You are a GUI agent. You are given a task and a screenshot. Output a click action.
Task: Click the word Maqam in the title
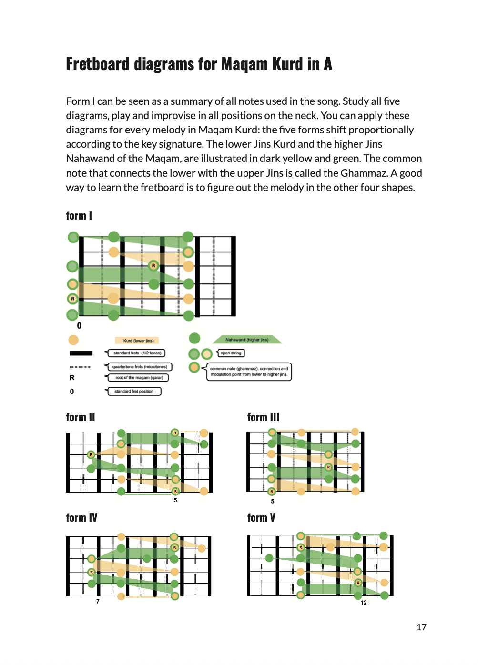[x=244, y=64]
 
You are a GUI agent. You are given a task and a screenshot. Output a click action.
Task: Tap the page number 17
[x=421, y=627]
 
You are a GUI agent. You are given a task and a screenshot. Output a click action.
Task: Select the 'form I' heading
[x=79, y=215]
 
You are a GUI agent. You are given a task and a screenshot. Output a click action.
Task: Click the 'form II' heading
[x=80, y=417]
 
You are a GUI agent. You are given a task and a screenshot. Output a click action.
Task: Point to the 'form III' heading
[x=263, y=417]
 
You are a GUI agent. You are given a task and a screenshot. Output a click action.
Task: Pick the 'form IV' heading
[x=81, y=518]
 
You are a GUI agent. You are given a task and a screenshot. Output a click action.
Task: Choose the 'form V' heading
[x=261, y=518]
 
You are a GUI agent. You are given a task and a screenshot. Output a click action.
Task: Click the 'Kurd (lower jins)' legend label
[x=137, y=341]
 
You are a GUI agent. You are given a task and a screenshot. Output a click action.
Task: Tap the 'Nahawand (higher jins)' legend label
[x=247, y=340]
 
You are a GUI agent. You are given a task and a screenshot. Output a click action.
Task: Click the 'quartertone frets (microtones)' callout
[x=138, y=367]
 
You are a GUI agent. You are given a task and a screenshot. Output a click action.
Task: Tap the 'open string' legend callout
[x=231, y=353]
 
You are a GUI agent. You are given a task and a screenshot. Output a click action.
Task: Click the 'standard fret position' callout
[x=133, y=391]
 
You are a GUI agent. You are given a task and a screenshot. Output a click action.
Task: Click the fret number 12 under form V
[x=363, y=603]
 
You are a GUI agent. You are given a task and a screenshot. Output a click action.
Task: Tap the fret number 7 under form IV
[x=98, y=602]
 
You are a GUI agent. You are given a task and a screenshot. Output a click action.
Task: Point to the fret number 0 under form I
[x=79, y=326]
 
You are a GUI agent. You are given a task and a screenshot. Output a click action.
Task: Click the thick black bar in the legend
[x=81, y=353]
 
